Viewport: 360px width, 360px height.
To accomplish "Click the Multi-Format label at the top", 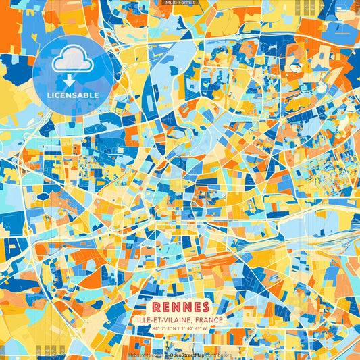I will (180, 3).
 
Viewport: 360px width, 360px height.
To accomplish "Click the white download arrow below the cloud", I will (68, 80).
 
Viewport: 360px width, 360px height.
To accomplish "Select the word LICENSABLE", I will (72, 95).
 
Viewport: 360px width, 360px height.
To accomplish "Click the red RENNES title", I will (180, 306).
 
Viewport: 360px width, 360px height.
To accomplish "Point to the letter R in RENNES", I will (157, 306).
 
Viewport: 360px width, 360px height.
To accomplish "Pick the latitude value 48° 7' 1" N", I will (165, 329).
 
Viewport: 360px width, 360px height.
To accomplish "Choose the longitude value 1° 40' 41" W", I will (197, 329).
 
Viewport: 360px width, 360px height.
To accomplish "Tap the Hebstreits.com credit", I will (147, 355).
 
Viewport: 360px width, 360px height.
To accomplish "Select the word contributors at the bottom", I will (216, 355).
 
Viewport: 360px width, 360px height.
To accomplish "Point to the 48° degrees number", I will (157, 329).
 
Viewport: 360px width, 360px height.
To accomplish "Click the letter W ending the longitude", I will (207, 329).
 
